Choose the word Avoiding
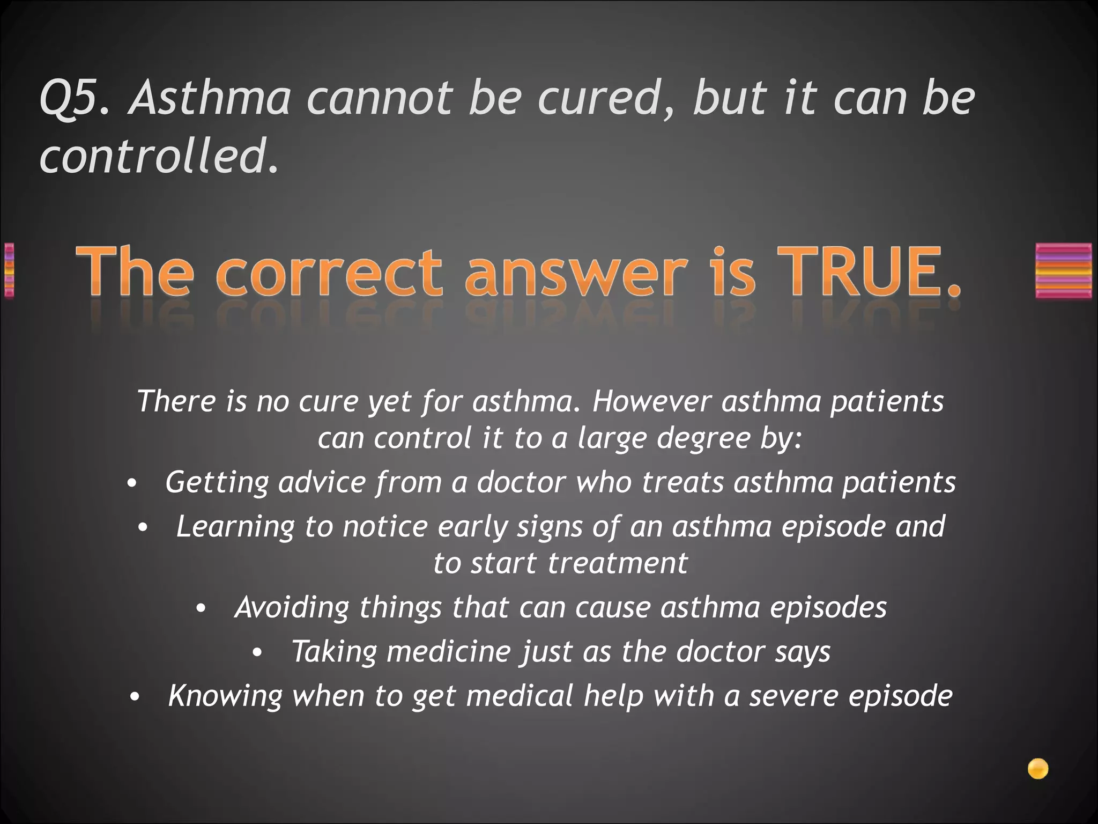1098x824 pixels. point(292,608)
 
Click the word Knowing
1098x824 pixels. point(225,696)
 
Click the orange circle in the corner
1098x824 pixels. point(1038,769)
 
